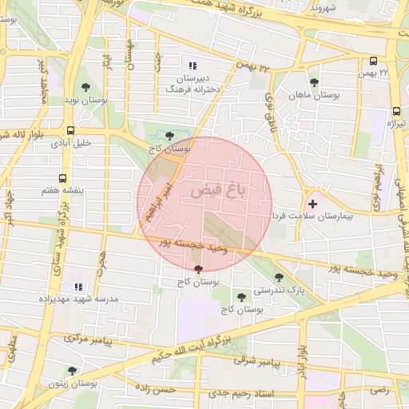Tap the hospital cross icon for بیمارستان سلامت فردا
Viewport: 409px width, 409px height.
point(312,204)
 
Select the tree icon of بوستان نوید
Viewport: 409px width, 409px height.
point(85,88)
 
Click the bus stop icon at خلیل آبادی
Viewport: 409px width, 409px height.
point(71,130)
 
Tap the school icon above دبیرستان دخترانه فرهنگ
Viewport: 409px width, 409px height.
point(192,66)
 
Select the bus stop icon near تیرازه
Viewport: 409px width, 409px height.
point(395,112)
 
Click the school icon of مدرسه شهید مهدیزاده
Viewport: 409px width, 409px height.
point(78,286)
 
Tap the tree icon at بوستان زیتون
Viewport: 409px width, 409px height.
point(73,371)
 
